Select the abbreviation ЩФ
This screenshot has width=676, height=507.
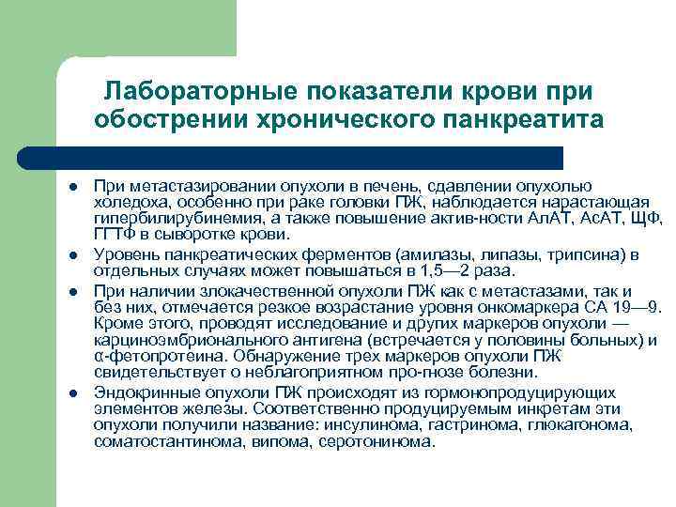tap(647, 219)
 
